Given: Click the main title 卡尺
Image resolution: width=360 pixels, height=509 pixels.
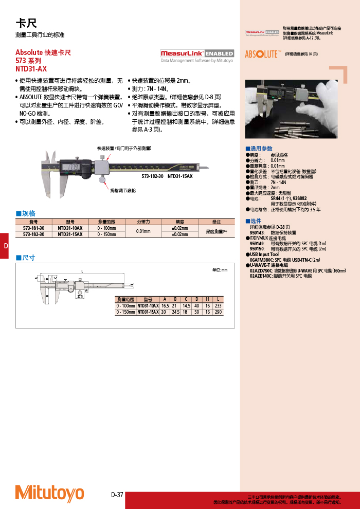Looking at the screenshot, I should coord(26,23).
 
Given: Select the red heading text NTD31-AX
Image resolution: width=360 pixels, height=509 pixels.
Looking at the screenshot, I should coord(31,67).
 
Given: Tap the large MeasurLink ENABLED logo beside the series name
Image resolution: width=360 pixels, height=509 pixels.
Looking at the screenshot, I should coord(196,53).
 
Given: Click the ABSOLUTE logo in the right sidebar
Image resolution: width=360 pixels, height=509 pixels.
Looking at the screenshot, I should coord(262,54).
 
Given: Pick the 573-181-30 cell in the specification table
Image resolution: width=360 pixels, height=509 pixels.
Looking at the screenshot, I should coord(34,228).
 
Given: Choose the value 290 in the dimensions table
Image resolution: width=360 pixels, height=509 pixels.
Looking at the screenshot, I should coord(219,312).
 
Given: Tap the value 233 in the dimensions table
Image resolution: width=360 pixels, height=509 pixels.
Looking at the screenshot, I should coord(219,305).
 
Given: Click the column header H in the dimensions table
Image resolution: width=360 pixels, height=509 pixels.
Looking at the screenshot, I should coord(207,299).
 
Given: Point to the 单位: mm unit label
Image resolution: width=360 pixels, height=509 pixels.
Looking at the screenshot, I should coord(220,270).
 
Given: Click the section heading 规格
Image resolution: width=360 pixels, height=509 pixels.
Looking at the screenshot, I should coord(25,213).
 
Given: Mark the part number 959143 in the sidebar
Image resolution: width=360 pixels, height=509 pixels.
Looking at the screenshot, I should coord(257,233).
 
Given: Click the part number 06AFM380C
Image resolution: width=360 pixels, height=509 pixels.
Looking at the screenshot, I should coord(261,260).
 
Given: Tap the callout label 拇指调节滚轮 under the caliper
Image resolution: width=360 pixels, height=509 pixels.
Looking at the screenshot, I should coord(123,190).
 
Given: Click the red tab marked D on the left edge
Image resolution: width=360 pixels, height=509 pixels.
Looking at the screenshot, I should coord(5,246).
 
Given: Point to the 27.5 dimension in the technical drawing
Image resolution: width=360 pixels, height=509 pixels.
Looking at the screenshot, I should coord(80,297).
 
